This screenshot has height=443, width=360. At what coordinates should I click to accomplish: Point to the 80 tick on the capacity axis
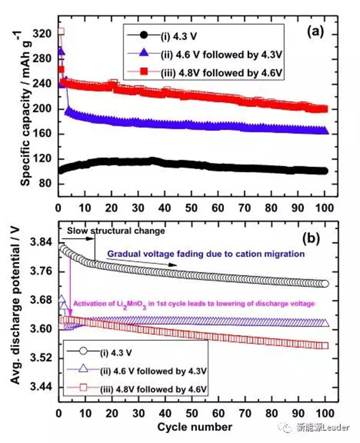tap(43, 183)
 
